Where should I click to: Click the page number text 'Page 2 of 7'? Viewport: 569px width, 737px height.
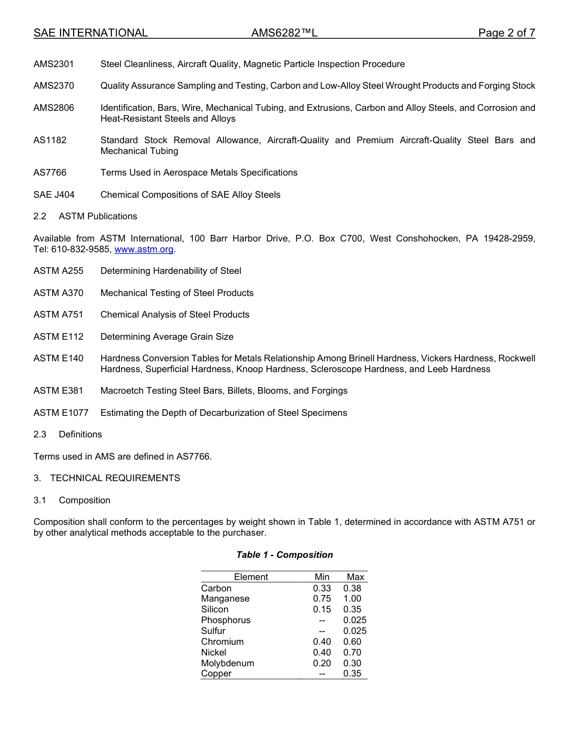(506, 33)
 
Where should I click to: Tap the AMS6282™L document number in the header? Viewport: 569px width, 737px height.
(284, 33)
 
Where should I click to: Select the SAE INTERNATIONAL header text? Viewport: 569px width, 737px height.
(90, 33)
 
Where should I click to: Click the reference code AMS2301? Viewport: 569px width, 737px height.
(54, 64)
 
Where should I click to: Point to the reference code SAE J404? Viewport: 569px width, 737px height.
(54, 195)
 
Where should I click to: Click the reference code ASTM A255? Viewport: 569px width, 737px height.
(58, 271)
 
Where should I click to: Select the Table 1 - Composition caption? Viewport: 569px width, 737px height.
(284, 555)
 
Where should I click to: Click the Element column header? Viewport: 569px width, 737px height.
(251, 577)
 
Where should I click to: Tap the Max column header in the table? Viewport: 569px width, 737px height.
(355, 577)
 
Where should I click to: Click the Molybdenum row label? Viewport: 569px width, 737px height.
(228, 663)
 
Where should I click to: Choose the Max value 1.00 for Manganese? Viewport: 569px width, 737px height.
(352, 599)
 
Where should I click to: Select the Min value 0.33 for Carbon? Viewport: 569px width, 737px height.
(322, 588)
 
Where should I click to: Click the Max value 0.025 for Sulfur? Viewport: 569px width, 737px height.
(355, 631)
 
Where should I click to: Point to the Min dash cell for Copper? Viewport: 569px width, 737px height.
(322, 674)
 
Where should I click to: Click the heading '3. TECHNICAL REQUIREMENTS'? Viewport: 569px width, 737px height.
(107, 478)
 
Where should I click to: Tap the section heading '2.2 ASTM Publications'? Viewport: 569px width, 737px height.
(85, 216)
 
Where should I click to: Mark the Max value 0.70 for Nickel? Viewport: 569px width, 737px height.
(352, 653)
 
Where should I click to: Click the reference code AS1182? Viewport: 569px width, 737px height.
(50, 140)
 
